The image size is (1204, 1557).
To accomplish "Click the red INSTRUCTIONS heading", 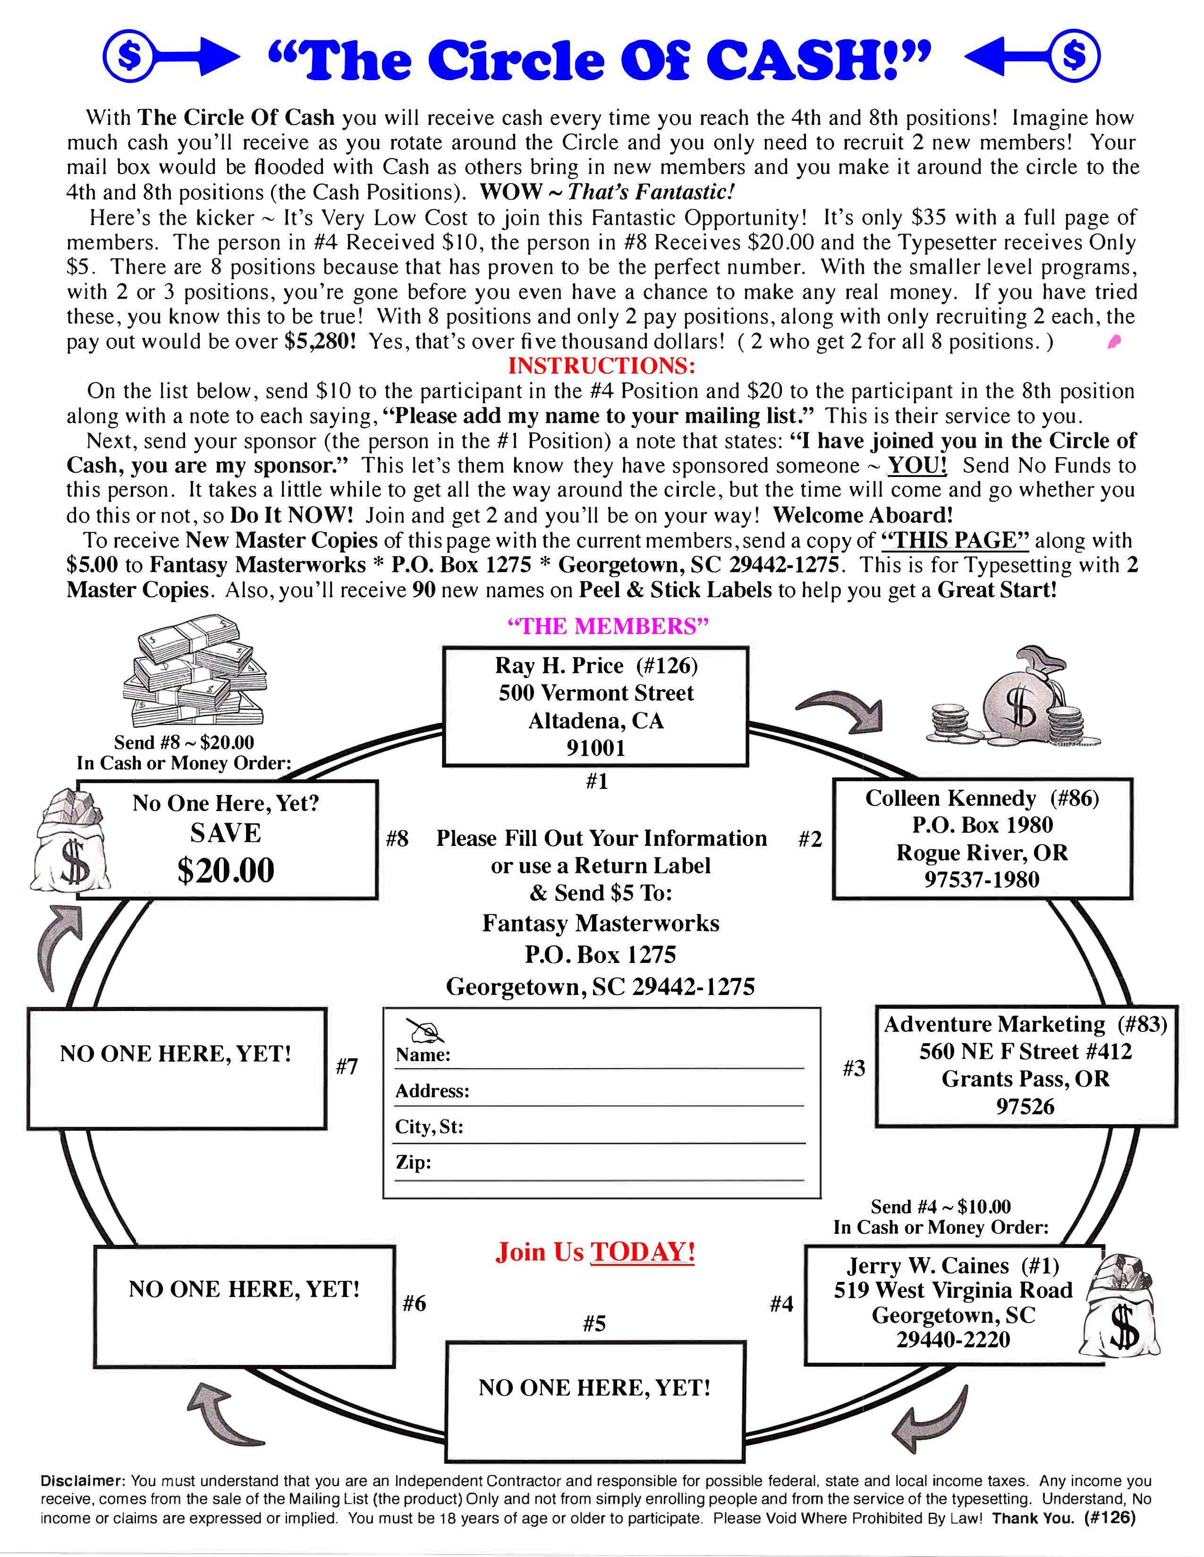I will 601,366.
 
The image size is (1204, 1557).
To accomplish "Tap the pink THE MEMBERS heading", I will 608,626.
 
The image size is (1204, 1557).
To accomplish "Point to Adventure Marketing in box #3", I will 994,1024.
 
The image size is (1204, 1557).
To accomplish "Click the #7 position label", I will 347,1066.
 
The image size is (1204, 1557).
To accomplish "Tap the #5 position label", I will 594,1324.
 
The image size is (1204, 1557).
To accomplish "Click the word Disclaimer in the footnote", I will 83,1482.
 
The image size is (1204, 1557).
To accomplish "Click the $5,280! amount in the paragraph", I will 320,342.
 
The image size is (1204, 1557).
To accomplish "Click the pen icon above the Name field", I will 424,1030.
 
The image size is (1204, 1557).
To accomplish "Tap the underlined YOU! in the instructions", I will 917,466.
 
